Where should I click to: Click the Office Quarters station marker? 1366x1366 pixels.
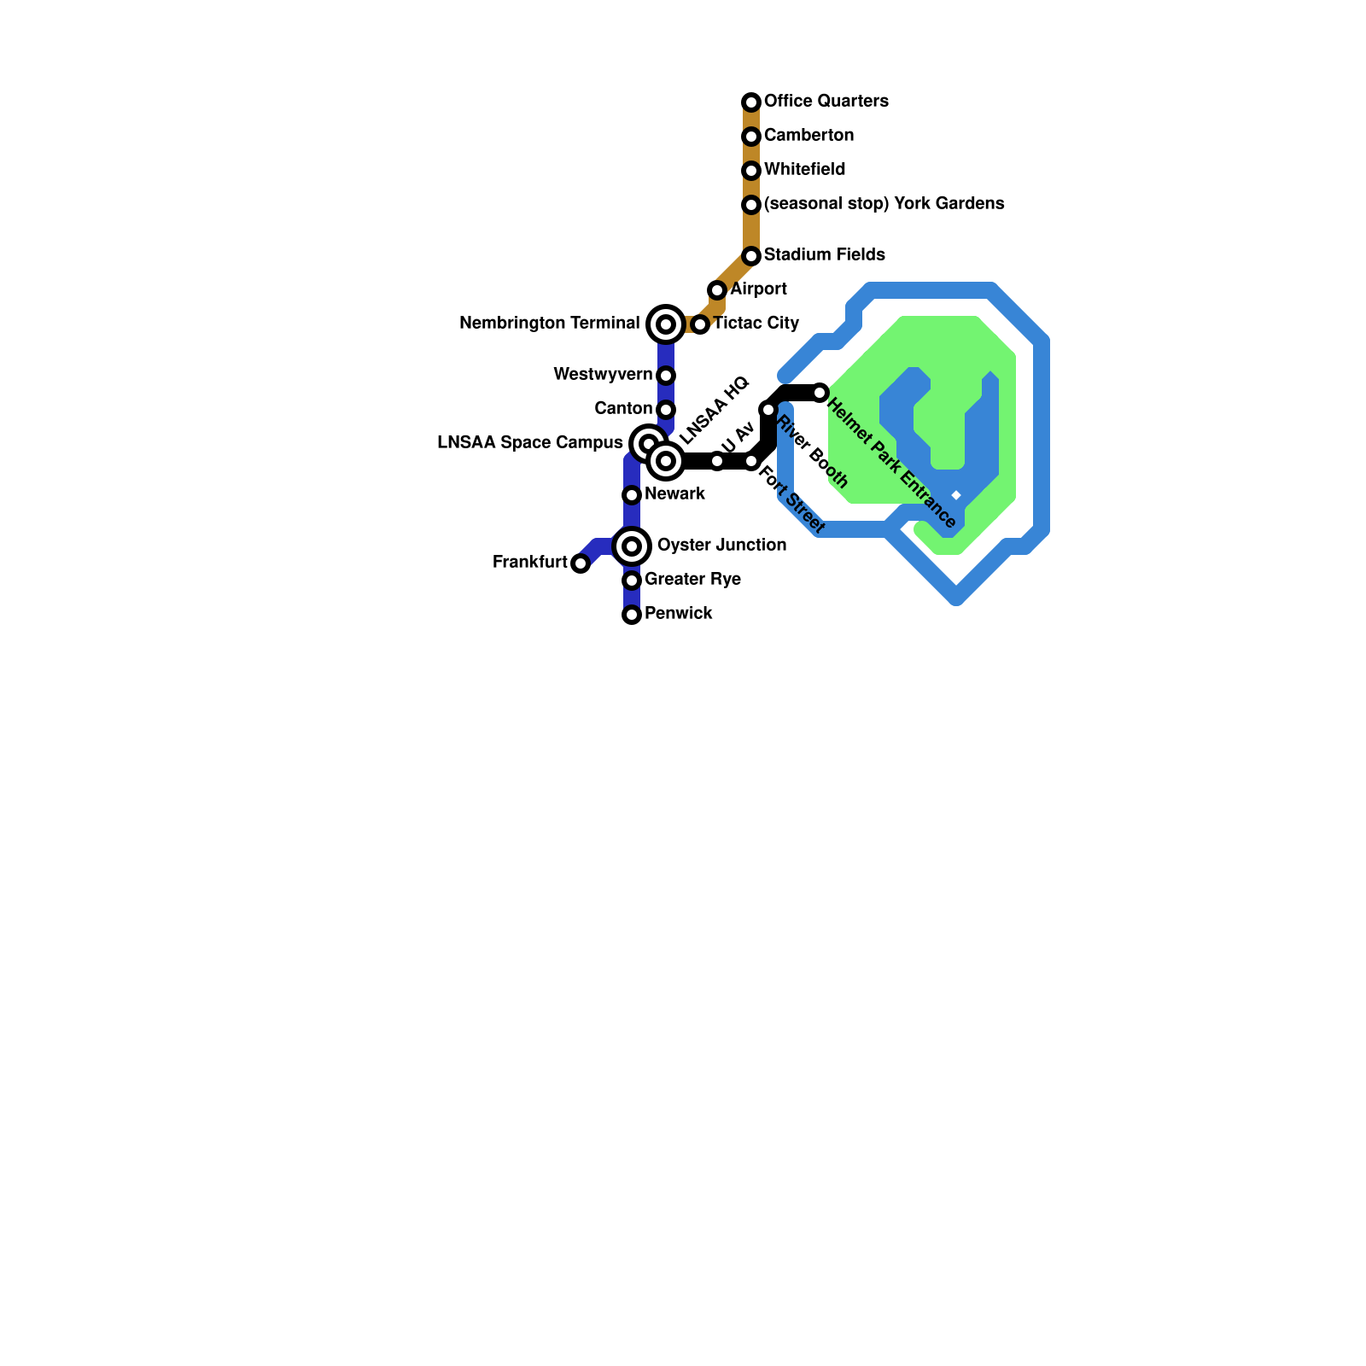point(751,102)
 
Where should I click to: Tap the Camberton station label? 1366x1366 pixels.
point(809,136)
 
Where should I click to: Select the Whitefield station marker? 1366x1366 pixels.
point(751,171)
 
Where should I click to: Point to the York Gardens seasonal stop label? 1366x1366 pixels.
point(884,204)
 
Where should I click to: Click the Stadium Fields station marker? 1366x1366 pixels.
point(751,256)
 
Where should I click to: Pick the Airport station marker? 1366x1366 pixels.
point(717,290)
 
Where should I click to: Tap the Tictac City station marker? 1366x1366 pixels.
point(700,324)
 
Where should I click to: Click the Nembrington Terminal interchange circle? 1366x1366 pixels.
point(666,324)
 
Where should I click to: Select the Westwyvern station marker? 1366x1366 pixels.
point(666,376)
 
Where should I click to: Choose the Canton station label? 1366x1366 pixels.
point(623,409)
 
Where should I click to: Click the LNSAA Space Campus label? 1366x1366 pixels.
point(529,443)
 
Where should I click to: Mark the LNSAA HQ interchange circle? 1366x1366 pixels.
point(666,461)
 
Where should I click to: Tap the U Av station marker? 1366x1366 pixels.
point(717,461)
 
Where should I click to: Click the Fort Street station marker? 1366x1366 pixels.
point(751,461)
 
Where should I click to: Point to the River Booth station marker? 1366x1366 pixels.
point(768,410)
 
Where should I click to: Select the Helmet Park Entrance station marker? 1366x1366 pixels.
point(820,393)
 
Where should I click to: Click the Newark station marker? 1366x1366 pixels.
point(632,495)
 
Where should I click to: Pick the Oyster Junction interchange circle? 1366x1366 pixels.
point(632,546)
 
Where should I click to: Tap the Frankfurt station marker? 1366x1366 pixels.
point(581,563)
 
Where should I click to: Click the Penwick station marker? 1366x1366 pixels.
point(632,615)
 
